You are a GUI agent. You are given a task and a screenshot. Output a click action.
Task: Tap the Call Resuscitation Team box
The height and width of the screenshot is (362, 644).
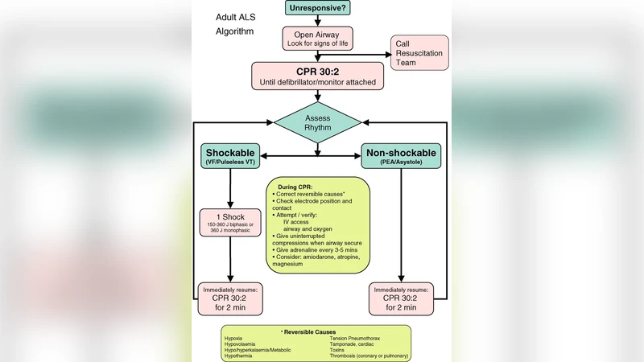click(x=419, y=51)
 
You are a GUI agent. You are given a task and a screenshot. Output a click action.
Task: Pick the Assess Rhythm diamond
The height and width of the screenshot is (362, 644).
click(x=317, y=122)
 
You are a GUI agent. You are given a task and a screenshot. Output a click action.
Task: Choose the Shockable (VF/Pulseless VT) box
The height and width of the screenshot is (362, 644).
click(x=231, y=157)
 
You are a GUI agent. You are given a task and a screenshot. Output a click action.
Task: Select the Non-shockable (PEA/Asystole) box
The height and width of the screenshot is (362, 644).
click(x=401, y=157)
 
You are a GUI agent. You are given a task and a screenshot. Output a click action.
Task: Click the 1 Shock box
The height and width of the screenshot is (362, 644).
click(x=231, y=223)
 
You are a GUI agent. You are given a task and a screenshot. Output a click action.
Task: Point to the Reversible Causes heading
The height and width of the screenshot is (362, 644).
click(x=316, y=331)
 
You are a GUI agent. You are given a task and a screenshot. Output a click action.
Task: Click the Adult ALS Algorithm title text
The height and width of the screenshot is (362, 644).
click(x=235, y=24)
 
